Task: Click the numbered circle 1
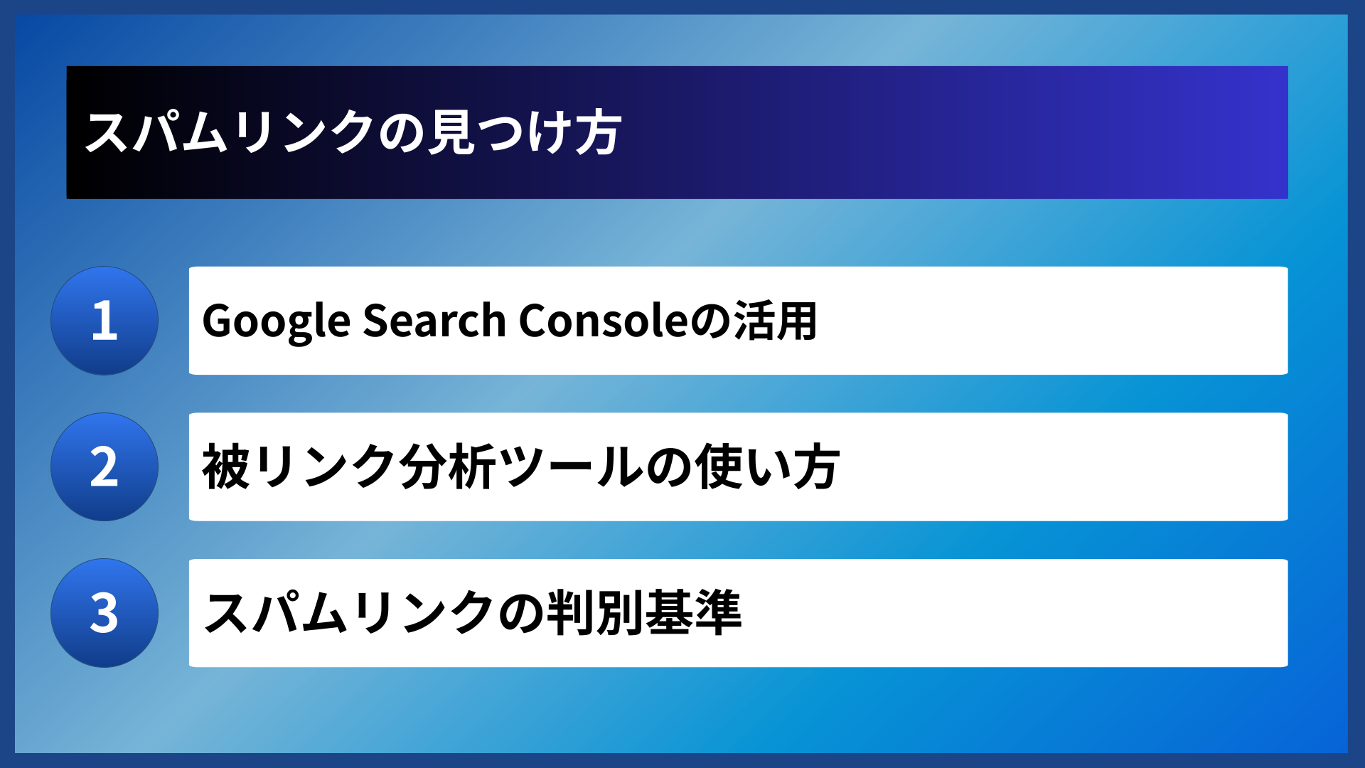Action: coord(105,321)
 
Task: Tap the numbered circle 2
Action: coord(105,467)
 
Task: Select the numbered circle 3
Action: coord(105,613)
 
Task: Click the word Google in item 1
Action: coord(276,321)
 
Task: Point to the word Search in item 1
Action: coord(434,321)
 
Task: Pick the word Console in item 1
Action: coord(604,321)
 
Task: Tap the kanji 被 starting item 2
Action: coord(226,467)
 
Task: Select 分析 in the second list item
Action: coord(448,467)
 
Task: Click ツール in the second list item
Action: coord(572,467)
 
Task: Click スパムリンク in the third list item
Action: coord(348,613)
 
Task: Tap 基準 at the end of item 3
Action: coord(693,613)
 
